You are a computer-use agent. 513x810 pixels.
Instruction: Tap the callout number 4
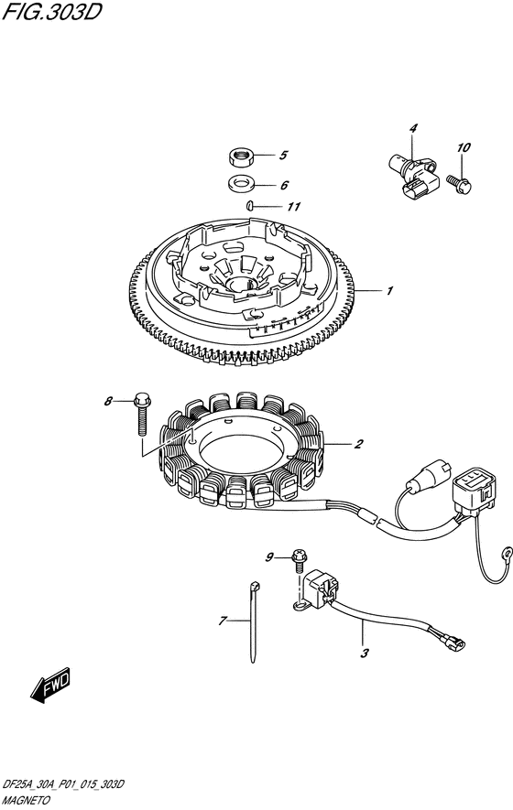click(x=412, y=129)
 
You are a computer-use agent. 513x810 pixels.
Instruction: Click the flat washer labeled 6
click(x=239, y=183)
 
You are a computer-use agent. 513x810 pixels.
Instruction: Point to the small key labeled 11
click(x=249, y=205)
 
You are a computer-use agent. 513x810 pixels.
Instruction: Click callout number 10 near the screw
click(x=464, y=147)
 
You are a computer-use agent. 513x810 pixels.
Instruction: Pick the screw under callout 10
click(x=459, y=183)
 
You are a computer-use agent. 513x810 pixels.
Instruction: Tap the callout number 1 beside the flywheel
click(x=389, y=291)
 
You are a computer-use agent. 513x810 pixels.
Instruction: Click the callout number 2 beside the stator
click(x=358, y=444)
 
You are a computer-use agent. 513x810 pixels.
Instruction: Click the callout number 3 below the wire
click(x=365, y=653)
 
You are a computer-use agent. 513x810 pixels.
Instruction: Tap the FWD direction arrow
click(x=50, y=685)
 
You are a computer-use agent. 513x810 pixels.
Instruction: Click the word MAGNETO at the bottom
click(x=27, y=800)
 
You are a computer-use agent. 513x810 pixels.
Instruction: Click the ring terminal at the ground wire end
click(x=508, y=551)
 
